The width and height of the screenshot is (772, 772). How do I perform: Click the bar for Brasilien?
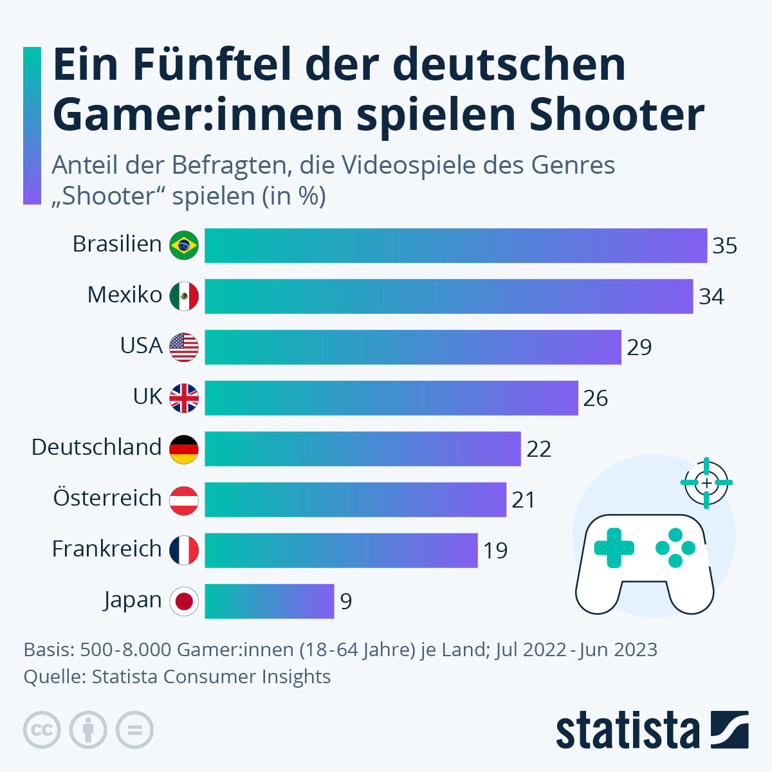coord(455,246)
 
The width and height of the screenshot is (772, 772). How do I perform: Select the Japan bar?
coord(269,602)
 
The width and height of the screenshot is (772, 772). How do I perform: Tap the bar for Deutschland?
coord(362,448)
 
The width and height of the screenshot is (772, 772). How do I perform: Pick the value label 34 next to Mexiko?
coord(712,297)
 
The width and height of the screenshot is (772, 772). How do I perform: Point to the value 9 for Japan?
coord(346,602)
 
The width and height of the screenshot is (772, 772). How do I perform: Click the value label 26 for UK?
coord(595,398)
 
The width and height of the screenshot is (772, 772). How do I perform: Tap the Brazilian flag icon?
coord(184,245)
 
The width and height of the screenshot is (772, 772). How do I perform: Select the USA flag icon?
coord(184,347)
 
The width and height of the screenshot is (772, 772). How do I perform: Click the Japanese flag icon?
coord(184,602)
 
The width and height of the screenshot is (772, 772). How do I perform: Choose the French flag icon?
coord(184,551)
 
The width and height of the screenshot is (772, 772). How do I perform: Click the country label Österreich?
coord(107,498)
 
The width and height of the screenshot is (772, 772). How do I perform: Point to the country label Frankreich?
coord(106,549)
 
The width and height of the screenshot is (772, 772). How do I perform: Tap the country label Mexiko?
coord(124,295)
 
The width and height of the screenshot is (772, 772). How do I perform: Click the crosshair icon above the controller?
coord(706,482)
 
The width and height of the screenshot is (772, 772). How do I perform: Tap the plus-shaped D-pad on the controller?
coord(614,548)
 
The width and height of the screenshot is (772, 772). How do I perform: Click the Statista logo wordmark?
coord(627,731)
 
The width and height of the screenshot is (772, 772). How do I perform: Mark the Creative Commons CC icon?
coord(42,730)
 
